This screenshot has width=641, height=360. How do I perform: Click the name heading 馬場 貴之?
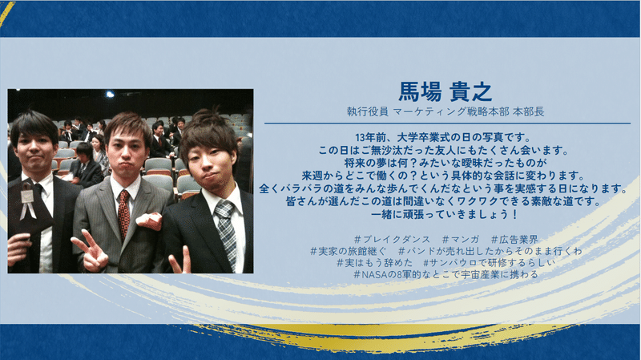click(445, 92)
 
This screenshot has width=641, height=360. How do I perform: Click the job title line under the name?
click(445, 111)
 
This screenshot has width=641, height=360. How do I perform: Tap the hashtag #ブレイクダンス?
click(392, 239)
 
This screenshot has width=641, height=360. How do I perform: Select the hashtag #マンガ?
click(461, 239)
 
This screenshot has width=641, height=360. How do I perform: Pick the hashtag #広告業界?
click(514, 239)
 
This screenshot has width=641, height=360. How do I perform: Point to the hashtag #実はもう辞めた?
click(374, 262)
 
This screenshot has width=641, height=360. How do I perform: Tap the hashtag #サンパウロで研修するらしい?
click(490, 262)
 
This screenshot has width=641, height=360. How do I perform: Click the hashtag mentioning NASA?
click(446, 274)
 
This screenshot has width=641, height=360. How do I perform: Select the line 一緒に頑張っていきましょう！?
click(445, 214)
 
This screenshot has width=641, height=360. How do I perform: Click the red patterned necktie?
click(123, 214)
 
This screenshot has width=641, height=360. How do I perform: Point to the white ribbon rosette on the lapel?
click(28, 200)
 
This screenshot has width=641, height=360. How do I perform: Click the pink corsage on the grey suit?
click(148, 221)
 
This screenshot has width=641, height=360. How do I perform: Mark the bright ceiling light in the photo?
click(110, 95)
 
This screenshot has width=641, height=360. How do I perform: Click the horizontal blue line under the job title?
click(447, 123)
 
